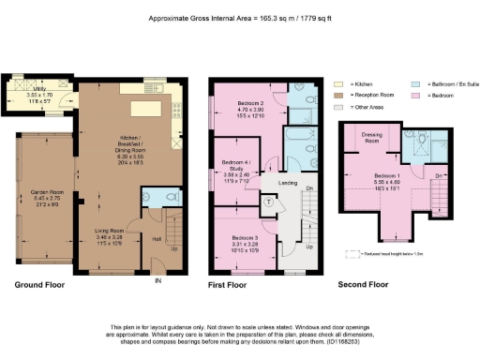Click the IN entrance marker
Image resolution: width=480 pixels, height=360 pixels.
[x=157, y=280]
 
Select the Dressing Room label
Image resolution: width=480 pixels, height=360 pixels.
[x=370, y=138]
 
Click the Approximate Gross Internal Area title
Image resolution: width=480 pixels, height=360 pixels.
[x=240, y=17]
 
